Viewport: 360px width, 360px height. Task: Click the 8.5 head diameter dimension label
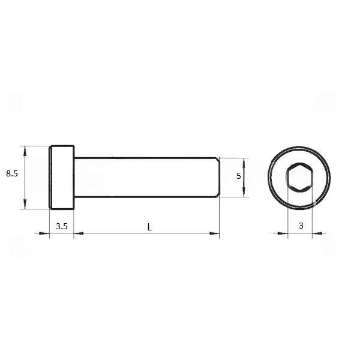point(12,173)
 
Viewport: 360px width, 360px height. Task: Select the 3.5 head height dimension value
point(62,226)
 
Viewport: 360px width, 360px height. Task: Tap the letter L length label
point(149,227)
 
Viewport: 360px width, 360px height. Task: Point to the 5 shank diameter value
point(239,176)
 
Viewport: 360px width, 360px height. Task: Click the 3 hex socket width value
point(301,226)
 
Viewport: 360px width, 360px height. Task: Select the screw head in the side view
point(62,178)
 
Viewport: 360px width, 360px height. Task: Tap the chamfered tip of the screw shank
point(218,177)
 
